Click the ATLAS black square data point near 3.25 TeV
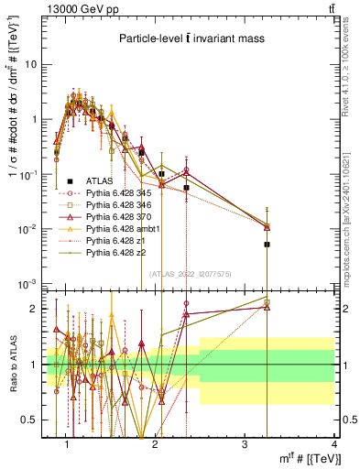[267, 245]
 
